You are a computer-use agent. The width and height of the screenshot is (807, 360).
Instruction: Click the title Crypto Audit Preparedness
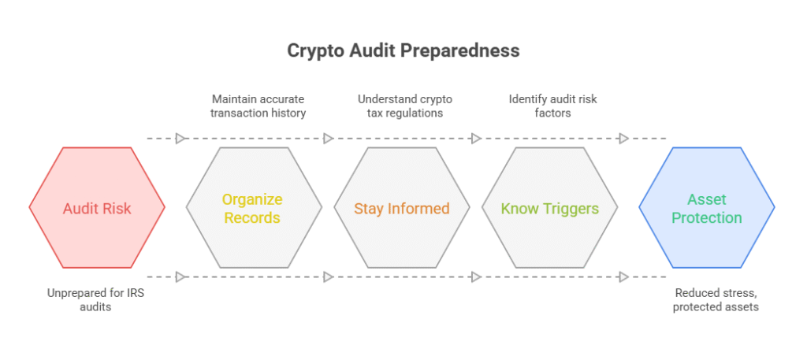coord(403,51)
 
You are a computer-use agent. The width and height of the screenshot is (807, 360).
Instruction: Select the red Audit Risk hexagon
coord(97,208)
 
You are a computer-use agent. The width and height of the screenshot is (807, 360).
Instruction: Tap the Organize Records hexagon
coord(254,208)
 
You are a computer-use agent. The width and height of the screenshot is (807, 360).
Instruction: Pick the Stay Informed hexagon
coord(401,208)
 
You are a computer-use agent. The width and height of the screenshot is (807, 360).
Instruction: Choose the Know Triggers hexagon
coord(549,208)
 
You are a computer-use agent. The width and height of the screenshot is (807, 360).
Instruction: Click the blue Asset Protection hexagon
coord(707,208)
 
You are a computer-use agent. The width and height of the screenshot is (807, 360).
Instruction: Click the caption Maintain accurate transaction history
coord(258,106)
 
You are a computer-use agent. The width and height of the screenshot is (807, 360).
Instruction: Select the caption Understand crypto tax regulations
coord(405,106)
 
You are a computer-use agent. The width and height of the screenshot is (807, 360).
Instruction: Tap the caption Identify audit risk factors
coord(552,106)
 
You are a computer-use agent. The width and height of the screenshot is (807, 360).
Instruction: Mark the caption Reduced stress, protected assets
coord(715,300)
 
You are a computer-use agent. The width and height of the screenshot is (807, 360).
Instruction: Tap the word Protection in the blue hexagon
coord(707,217)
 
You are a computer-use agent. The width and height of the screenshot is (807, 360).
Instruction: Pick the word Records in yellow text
coord(252,217)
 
